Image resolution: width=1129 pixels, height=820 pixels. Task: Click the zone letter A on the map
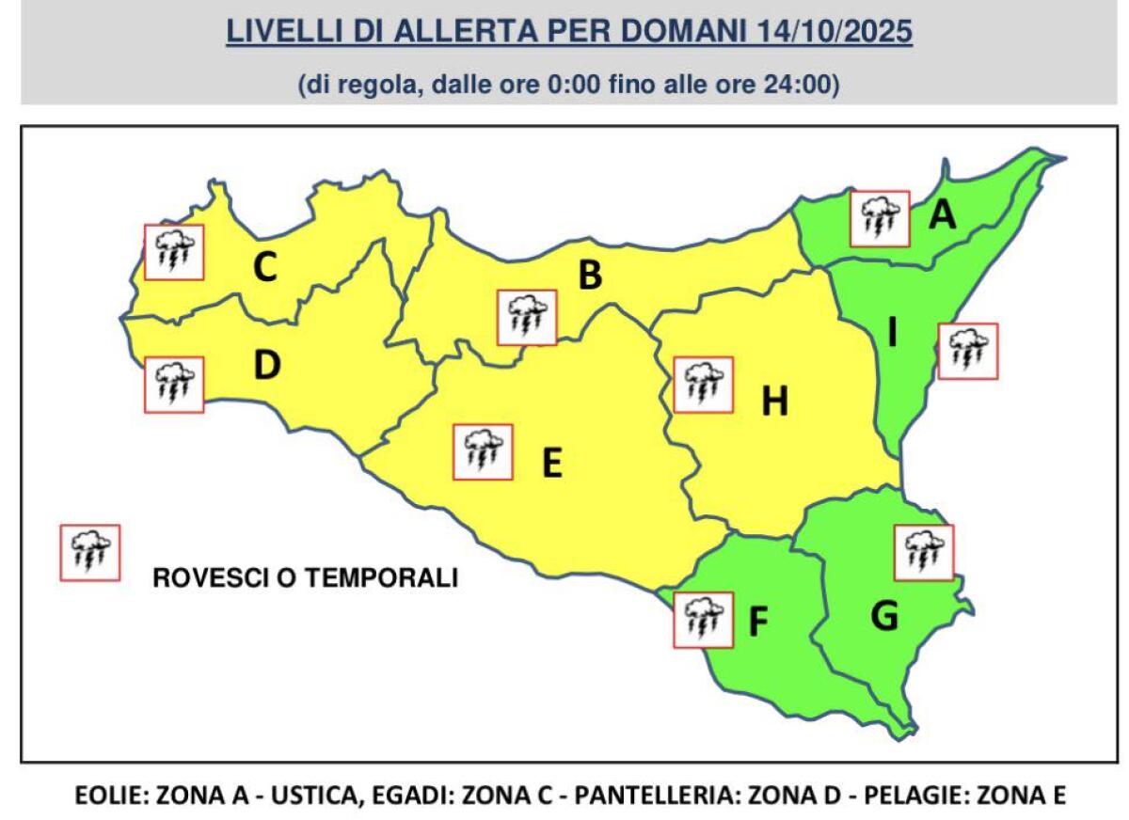[942, 216]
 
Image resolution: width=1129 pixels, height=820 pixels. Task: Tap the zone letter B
[590, 276]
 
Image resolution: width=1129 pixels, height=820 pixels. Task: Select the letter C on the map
[265, 269]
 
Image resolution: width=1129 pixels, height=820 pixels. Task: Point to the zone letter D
[267, 366]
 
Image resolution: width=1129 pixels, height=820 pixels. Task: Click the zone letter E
[552, 463]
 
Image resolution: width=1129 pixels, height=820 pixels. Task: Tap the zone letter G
[884, 617]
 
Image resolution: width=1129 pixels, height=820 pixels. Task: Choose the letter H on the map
[774, 402]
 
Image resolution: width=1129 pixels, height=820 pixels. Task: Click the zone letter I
[892, 332]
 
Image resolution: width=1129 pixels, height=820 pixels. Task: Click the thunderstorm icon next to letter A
[880, 218]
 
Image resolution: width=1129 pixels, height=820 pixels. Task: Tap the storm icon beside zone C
[174, 252]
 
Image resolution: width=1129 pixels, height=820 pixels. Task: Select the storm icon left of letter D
[174, 385]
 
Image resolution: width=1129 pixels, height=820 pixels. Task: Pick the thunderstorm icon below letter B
[527, 317]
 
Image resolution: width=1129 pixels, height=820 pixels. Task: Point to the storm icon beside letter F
[704, 619]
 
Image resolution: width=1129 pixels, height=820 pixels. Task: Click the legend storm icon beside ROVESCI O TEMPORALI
[90, 552]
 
